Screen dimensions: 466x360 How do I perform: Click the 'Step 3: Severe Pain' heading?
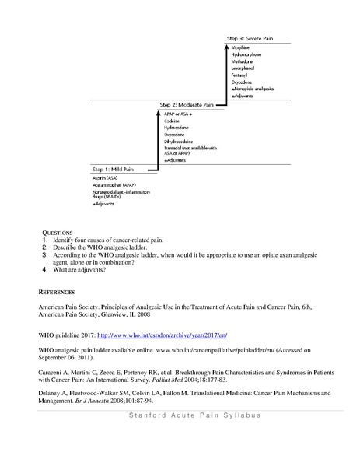click(247, 37)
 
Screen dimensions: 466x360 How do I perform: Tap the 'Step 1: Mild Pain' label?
click(110, 169)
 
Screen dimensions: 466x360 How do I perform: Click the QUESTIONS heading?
click(54, 233)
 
